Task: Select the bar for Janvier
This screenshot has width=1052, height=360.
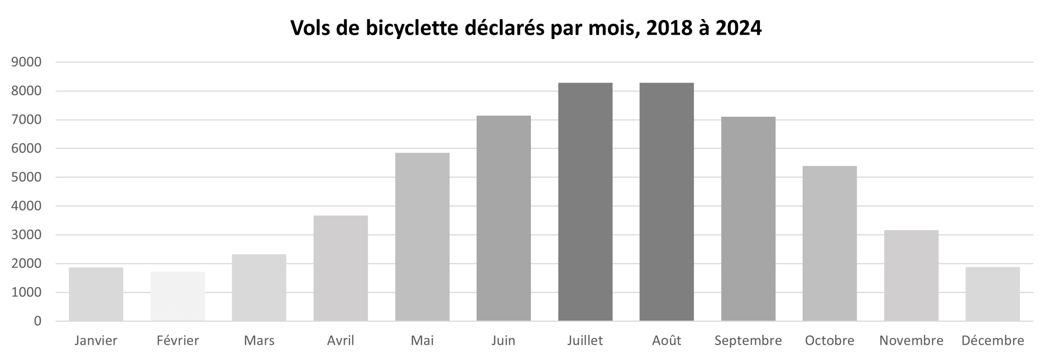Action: pos(96,294)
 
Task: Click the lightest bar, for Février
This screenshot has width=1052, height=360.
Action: pos(178,296)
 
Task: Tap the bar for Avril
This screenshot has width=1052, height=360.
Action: pos(341,268)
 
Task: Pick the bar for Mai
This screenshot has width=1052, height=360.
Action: pos(422,237)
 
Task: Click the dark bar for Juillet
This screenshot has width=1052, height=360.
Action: pos(585,202)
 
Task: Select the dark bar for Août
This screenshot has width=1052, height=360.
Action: pos(667,202)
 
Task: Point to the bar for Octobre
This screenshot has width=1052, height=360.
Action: pos(830,243)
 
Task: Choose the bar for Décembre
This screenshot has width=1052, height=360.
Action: pos(992,294)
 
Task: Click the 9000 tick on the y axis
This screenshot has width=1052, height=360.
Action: pos(26,62)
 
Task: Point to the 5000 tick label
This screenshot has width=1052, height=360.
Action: pos(26,177)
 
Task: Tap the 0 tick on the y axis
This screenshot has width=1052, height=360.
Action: pos(37,321)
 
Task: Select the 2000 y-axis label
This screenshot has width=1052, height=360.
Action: pos(26,263)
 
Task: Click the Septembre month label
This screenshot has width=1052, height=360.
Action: pos(748,341)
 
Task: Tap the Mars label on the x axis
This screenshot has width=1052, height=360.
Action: pos(259,341)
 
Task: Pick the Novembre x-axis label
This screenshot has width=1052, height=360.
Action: pos(911,341)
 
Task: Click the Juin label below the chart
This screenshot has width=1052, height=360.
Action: pos(503,341)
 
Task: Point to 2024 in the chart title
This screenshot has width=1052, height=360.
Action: pos(738,28)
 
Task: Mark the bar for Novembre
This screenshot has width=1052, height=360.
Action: pos(911,275)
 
